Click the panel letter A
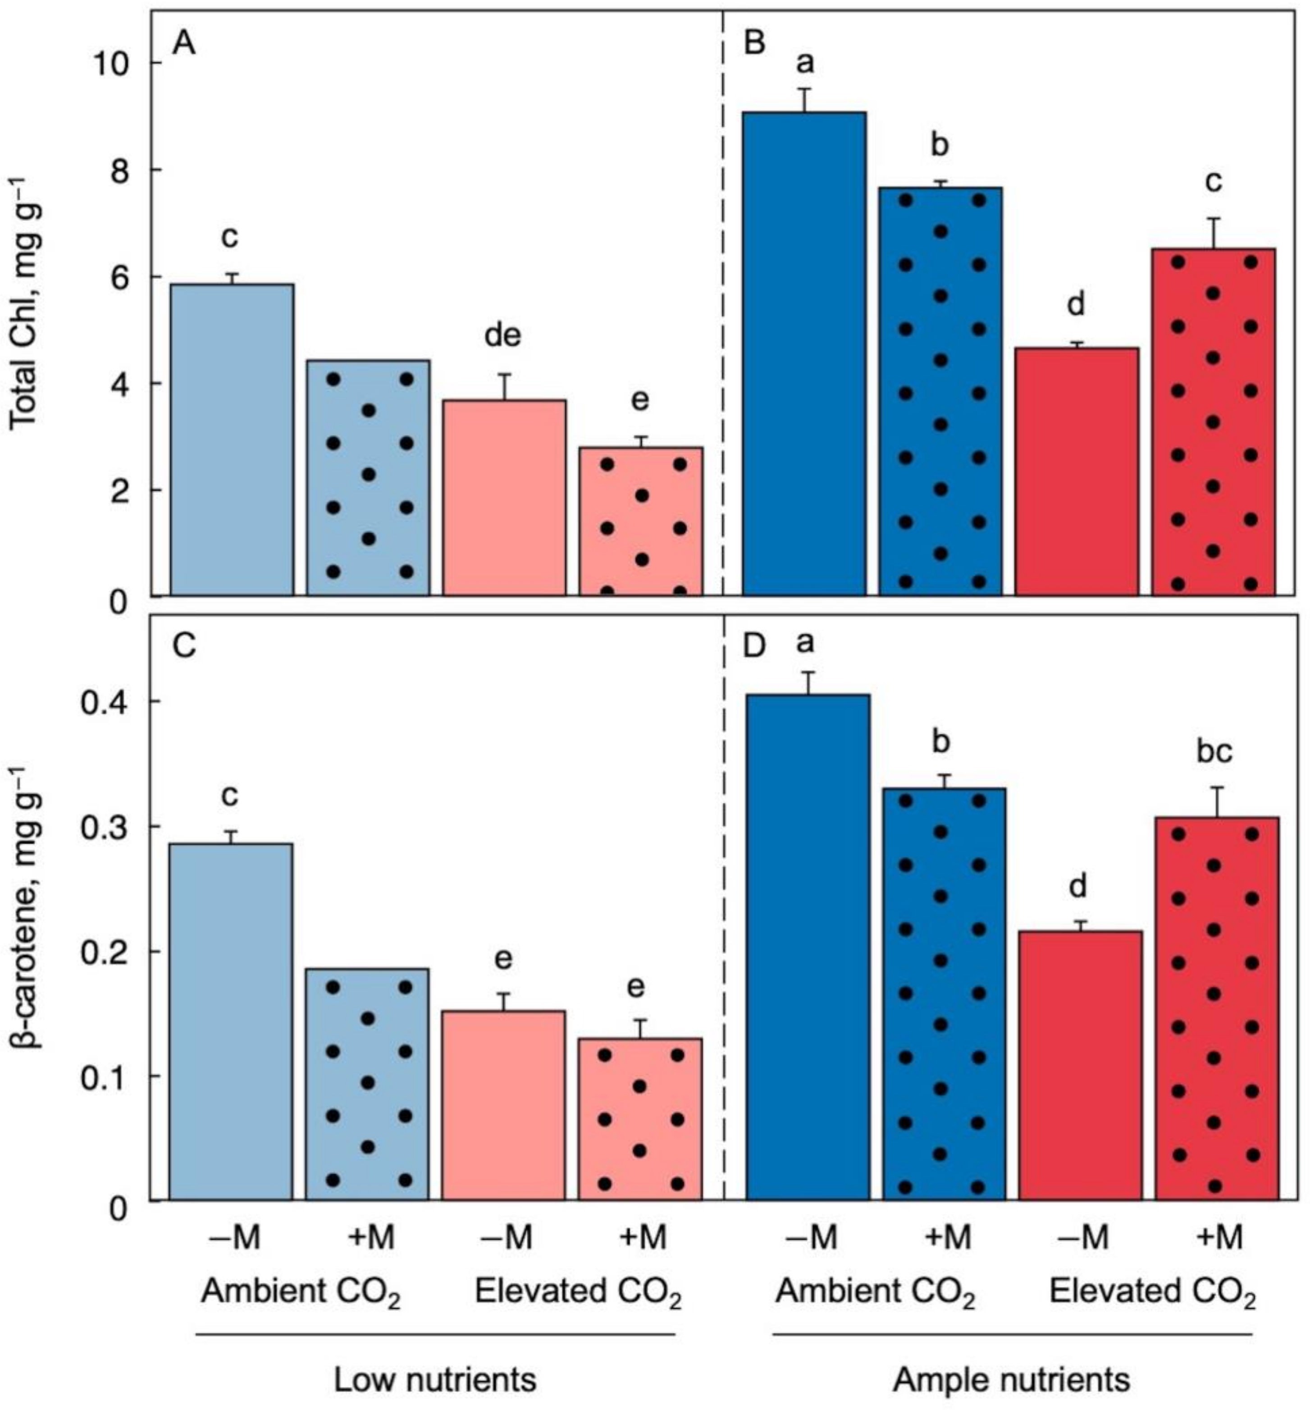point(183,44)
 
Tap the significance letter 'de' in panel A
point(502,335)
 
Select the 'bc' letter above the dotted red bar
point(1214,751)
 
